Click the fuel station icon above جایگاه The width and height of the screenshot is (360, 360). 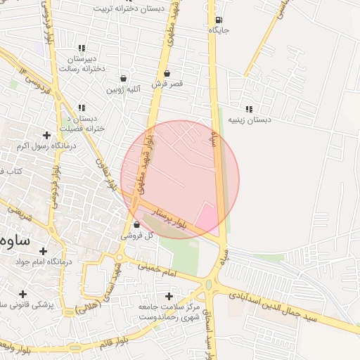tap(219, 20)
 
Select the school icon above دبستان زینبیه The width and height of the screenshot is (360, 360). tap(249, 109)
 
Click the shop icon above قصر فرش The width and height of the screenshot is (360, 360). tap(167, 73)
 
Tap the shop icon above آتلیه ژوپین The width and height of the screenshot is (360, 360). tap(124, 78)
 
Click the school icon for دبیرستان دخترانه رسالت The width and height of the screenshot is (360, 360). tap(82, 49)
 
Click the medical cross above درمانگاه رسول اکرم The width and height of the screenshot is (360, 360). tap(47, 135)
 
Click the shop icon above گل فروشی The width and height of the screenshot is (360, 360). tap(136, 224)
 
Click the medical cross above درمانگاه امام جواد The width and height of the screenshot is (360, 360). tap(43, 251)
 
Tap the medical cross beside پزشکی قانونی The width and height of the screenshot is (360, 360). tap(22, 294)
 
